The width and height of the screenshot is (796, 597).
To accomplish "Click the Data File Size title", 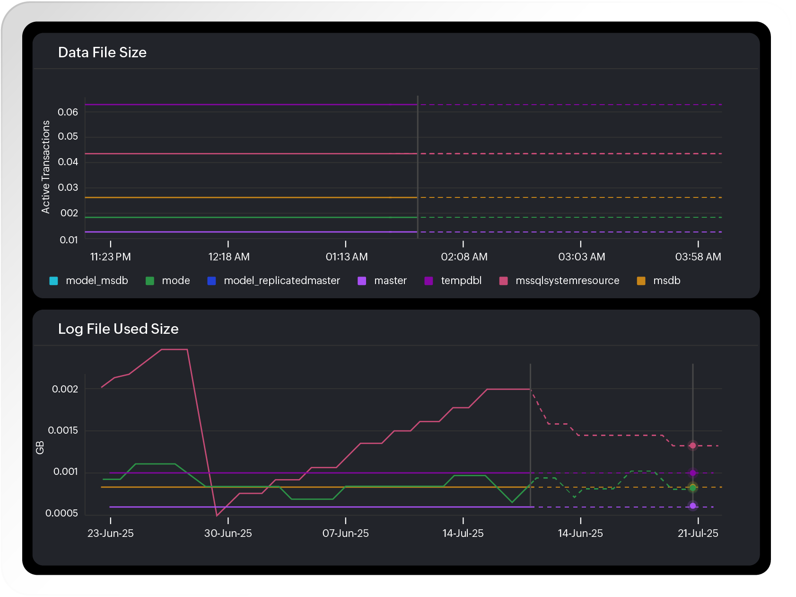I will pos(102,53).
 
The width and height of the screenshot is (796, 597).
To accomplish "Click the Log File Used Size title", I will pos(118,329).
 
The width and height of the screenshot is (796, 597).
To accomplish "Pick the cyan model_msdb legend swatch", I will pos(54,281).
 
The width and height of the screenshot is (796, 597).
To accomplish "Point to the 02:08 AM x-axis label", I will pos(464,257).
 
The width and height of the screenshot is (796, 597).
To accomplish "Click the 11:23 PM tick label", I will pos(110,257).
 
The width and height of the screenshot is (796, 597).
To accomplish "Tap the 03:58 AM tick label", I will pos(698,257).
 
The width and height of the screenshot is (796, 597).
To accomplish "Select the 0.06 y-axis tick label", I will pos(68,112).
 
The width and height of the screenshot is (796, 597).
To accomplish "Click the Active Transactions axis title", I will pos(46,167).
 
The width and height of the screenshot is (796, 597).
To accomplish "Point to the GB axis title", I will pos(40,448).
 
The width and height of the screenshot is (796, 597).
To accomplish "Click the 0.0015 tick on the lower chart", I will pos(63,430).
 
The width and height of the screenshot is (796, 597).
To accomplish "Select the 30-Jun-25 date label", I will pos(228,534).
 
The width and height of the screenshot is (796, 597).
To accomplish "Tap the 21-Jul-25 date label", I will pos(698,534).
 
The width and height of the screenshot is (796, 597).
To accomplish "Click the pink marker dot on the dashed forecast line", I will pos(692,446).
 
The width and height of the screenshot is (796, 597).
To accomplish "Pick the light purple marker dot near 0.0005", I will pos(693,506).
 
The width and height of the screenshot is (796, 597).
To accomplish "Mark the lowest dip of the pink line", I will pos(217,516).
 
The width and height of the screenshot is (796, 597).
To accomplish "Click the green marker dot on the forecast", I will pos(693,488).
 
